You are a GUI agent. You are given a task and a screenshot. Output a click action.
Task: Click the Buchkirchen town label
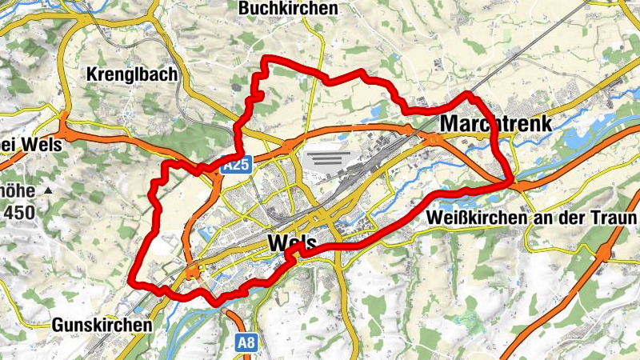tap(288, 8)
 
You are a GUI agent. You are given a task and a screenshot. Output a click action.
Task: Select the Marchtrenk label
tap(497, 124)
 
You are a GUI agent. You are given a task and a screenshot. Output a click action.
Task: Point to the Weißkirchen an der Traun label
tap(531, 218)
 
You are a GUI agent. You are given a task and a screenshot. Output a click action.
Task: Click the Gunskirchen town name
tap(102, 326)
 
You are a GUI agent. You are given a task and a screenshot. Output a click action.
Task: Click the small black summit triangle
tap(48, 191)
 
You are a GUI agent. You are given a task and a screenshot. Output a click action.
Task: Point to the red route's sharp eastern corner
tap(511, 182)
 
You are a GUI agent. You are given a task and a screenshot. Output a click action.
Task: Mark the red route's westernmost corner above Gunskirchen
tap(130, 282)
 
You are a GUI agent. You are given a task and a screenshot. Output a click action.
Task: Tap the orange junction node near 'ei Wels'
tap(64, 135)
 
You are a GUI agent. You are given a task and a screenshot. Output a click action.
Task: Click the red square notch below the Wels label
tap(295, 253)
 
